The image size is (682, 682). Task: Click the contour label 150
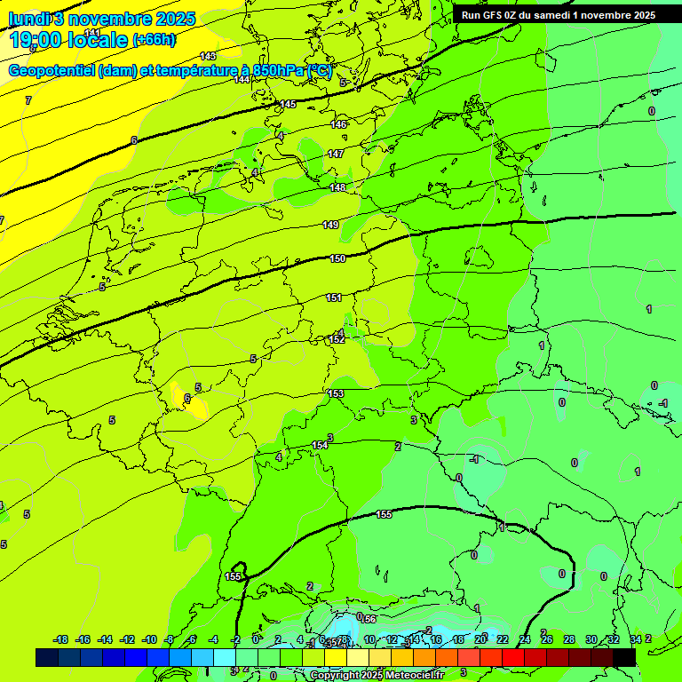[x=337, y=258]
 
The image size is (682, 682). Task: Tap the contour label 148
[x=337, y=188]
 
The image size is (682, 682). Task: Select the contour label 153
[x=336, y=393]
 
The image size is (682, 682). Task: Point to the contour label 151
[x=334, y=297]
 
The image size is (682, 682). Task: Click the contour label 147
[x=336, y=155]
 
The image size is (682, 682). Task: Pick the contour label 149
[x=330, y=225]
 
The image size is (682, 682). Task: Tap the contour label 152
[x=337, y=339]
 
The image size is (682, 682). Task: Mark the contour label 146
[x=338, y=124]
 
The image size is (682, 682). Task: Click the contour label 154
[x=320, y=445]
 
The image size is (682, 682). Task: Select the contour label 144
[x=242, y=80]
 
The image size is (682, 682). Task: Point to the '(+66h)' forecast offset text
[x=154, y=39]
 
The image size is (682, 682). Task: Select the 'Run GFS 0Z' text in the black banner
[x=494, y=15]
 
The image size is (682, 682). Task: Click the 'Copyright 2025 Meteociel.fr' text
[x=377, y=675]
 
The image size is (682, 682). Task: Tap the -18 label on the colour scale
[x=60, y=639]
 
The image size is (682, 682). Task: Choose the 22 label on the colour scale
[x=503, y=639]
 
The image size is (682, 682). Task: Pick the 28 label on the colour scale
[x=569, y=639]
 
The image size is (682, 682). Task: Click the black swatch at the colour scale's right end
[x=624, y=657]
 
